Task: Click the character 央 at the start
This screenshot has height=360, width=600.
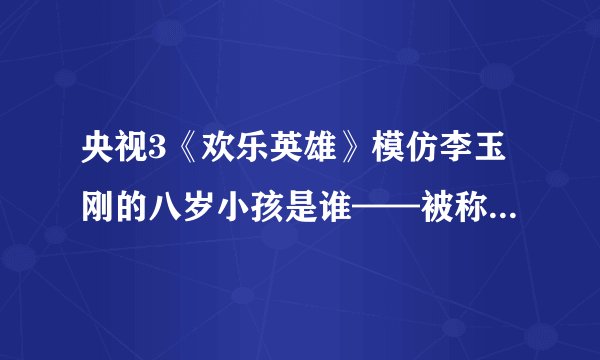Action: [98, 160]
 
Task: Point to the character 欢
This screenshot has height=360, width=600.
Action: [215, 160]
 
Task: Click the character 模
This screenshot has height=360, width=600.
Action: [390, 160]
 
